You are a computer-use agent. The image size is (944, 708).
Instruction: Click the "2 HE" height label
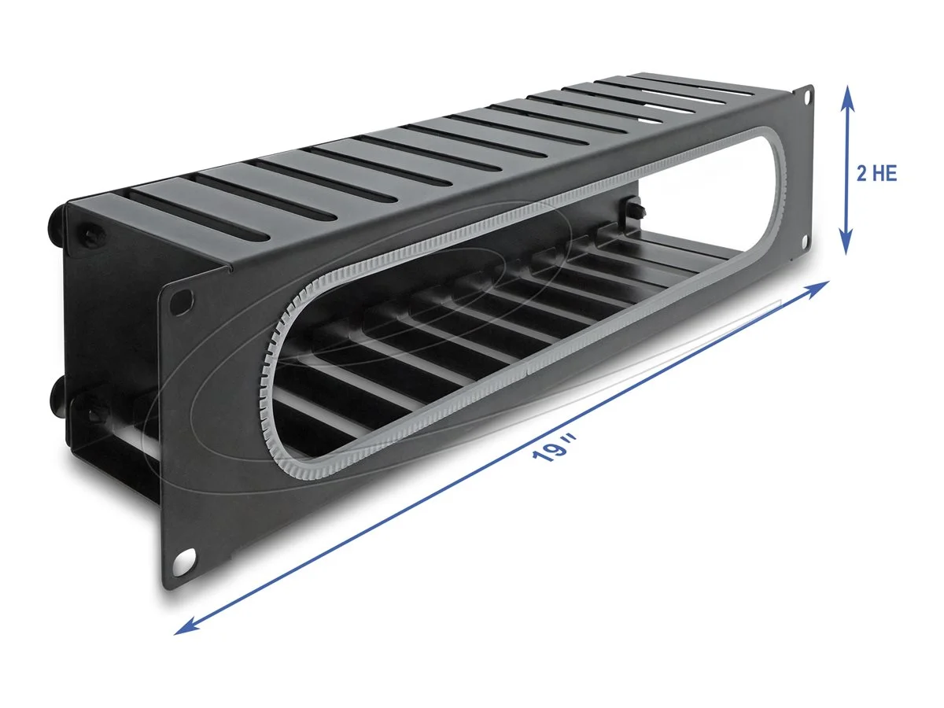coord(876,175)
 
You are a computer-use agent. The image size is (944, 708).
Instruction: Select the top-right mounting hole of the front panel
coord(806,97)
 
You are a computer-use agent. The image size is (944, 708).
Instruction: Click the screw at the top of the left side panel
coord(89,236)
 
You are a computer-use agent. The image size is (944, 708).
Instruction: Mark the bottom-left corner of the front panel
coord(166,586)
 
